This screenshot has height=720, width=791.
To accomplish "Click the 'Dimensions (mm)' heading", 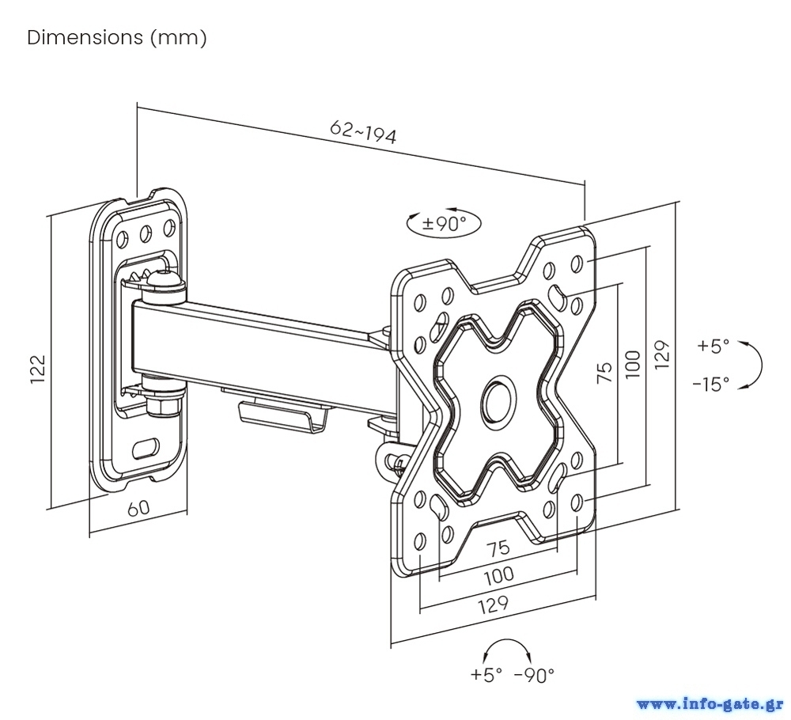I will pos(117,38).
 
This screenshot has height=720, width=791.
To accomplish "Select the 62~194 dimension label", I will pos(363,133).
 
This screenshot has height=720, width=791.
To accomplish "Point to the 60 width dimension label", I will pos(138,507).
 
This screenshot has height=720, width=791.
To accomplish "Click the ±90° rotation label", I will pos(444,224).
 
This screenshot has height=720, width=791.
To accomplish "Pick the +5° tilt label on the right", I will pos(713,346).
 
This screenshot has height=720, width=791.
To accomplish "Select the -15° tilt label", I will pos(710,385).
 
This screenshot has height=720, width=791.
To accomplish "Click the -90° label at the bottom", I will pos(534,675).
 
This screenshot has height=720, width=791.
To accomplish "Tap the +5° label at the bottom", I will pos(486,675).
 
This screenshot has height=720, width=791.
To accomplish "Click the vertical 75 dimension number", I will pos(604,371).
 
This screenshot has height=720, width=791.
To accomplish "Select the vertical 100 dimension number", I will pos(632,363).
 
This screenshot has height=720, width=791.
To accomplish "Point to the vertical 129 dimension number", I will pos(663,354).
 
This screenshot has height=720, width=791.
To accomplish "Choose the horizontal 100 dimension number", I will pos(498,575).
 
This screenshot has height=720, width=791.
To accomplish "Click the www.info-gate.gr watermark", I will pos(710,703).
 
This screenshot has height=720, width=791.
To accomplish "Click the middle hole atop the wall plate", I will pos(146,233).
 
